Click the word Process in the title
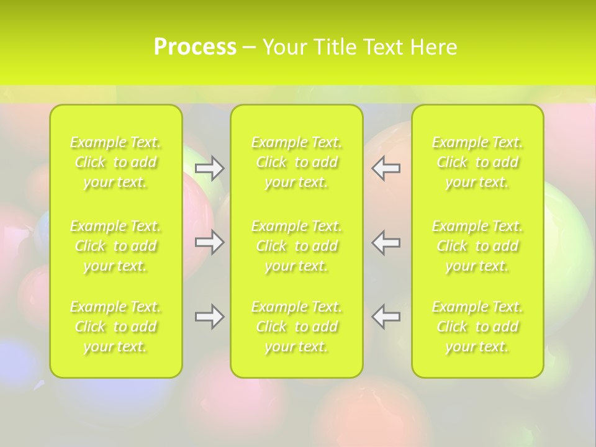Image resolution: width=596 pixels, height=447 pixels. [x=195, y=47]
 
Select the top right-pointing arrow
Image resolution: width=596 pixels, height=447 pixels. [x=209, y=168]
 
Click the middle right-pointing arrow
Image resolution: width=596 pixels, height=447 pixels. [x=209, y=242]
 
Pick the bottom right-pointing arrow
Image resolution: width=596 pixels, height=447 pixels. [x=209, y=317]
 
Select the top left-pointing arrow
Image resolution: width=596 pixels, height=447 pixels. [x=386, y=168]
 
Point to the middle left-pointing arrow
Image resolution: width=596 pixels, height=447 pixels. [x=386, y=242]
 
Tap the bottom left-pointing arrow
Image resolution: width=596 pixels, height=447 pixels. [x=386, y=317]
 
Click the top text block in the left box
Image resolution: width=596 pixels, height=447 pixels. [x=115, y=162]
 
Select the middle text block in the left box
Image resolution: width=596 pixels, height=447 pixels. [x=115, y=246]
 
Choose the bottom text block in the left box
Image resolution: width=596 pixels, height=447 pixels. [x=115, y=327]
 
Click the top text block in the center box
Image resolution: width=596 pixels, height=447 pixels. [x=297, y=162]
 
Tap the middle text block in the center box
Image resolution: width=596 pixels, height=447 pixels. [x=297, y=246]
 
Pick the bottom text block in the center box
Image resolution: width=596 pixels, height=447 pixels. [x=297, y=327]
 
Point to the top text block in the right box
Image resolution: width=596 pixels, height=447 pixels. [x=477, y=162]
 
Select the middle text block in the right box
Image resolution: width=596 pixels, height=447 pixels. [x=477, y=246]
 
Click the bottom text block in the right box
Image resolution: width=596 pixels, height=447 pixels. [x=477, y=327]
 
